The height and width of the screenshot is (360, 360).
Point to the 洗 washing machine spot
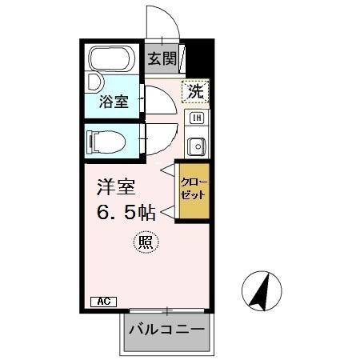tap(195, 91)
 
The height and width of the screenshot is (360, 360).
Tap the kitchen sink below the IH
tap(195, 146)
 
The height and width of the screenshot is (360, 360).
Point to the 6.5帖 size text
tap(126, 214)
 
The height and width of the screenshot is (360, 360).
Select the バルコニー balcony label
tap(166, 330)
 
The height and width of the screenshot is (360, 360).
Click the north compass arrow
tap(261, 291)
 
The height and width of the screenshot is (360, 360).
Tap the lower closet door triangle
tap(168, 212)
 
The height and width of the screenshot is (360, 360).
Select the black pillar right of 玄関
tap(198, 58)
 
